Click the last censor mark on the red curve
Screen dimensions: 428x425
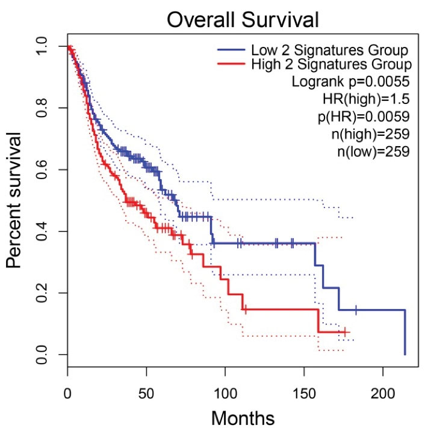point(344,332)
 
